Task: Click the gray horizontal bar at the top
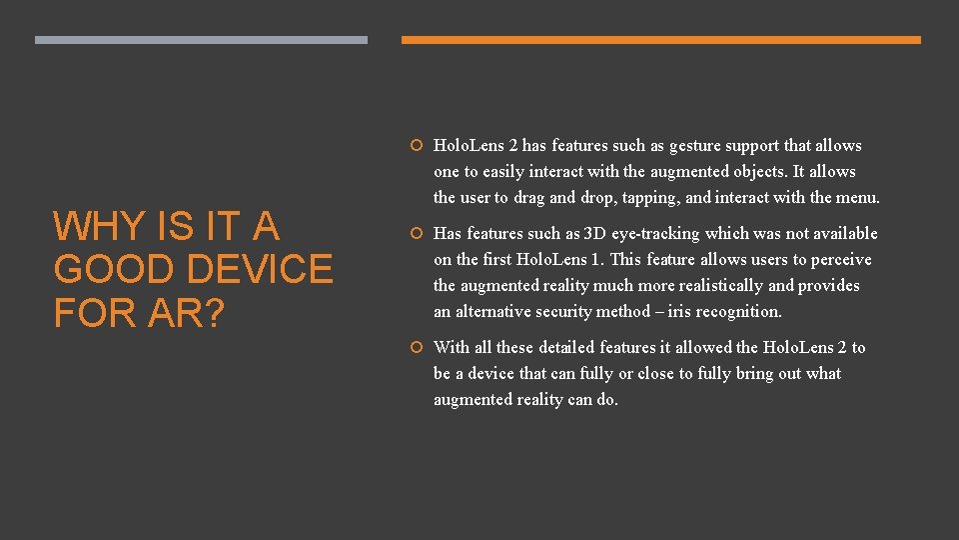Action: [x=201, y=40]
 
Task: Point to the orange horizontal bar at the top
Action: [x=660, y=40]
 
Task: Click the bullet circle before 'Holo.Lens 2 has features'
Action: [x=419, y=146]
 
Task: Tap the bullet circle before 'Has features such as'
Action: [x=419, y=234]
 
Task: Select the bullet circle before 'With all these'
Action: [x=419, y=348]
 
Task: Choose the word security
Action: [x=551, y=312]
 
